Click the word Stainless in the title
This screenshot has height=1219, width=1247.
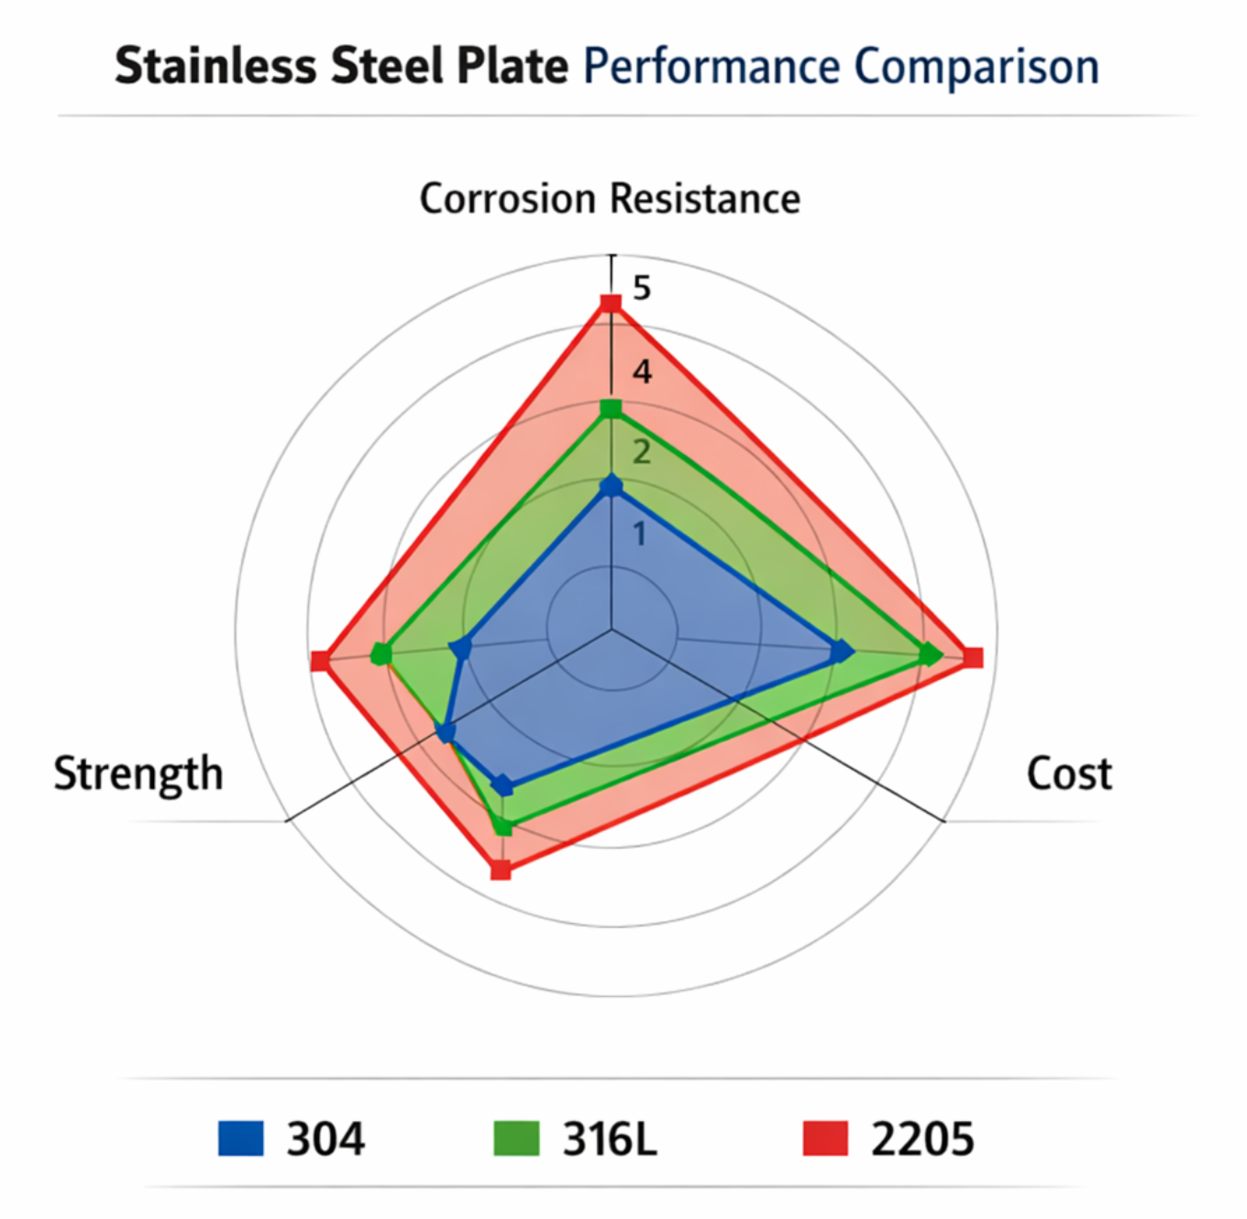click(215, 67)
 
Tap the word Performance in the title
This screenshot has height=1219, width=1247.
click(712, 67)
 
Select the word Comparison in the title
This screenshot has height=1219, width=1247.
click(977, 67)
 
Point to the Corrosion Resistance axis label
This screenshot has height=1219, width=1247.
click(610, 199)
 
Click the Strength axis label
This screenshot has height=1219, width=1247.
click(138, 774)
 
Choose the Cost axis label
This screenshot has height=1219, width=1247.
click(1069, 774)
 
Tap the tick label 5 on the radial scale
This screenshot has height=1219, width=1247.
click(642, 289)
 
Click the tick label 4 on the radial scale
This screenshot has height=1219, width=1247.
click(642, 371)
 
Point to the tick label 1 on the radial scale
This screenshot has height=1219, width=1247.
click(640, 534)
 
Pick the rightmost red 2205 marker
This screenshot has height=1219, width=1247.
click(973, 658)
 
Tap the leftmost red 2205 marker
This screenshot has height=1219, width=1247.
click(320, 660)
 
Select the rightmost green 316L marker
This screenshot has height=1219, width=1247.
click(931, 654)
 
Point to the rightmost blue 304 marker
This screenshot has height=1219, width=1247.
click(842, 652)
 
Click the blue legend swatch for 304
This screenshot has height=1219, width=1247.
click(241, 1138)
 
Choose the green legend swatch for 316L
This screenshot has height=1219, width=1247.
click(516, 1138)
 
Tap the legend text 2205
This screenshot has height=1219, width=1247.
click(922, 1139)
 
